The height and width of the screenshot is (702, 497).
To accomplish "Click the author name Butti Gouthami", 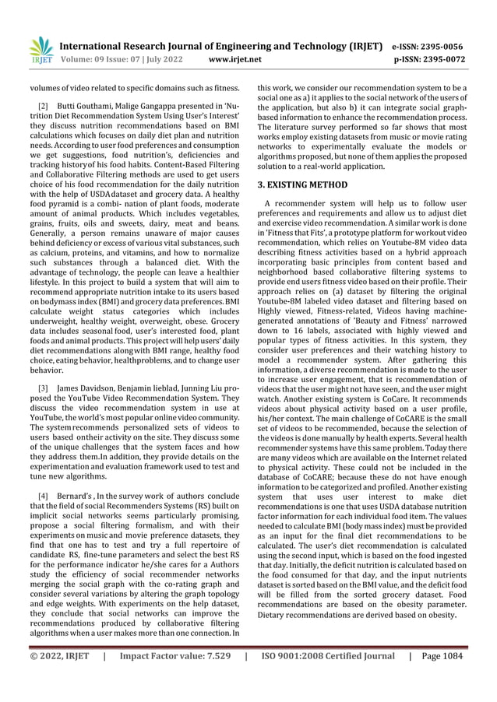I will tap(84, 104).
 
